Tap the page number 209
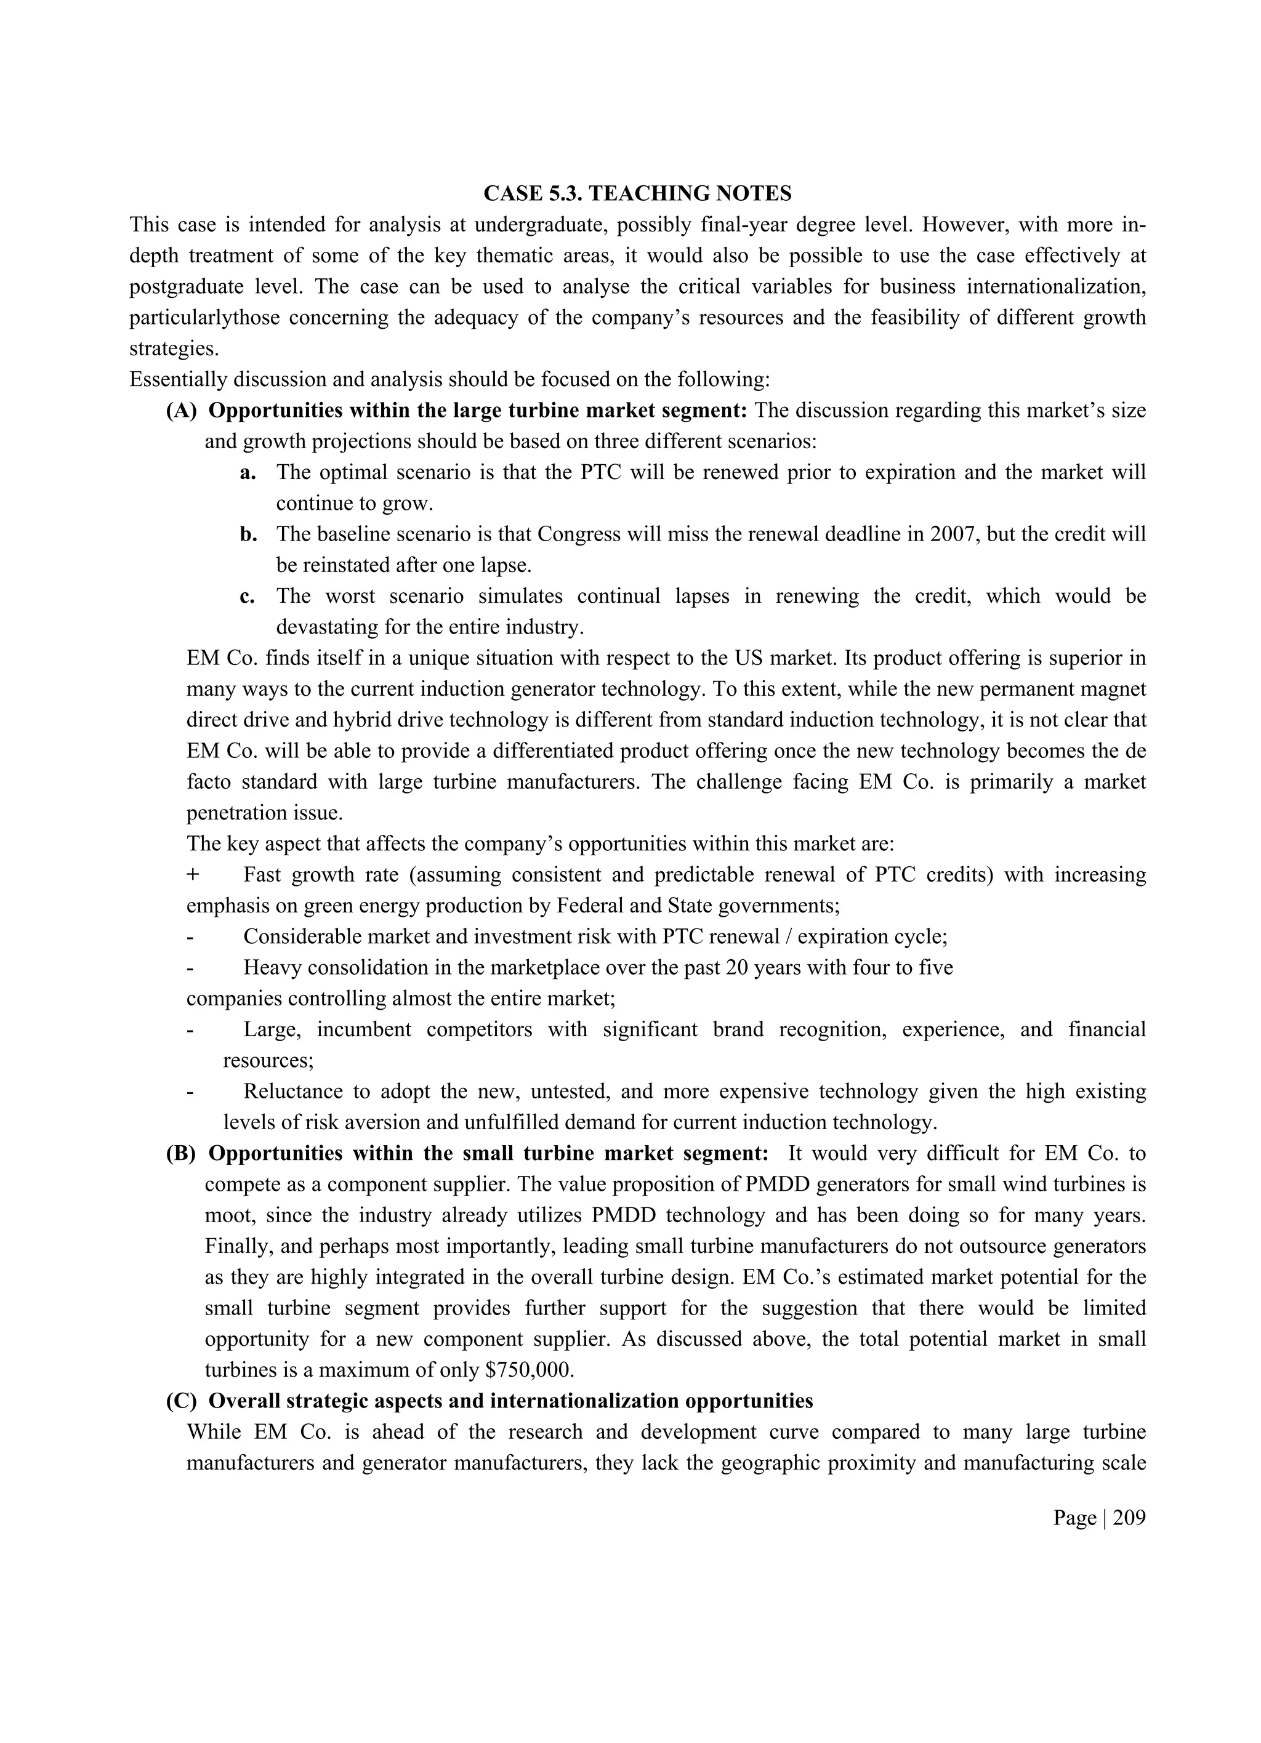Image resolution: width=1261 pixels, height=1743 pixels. (1129, 1517)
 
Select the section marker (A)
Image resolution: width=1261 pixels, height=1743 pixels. (182, 411)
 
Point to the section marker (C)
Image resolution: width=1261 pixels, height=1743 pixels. (182, 1400)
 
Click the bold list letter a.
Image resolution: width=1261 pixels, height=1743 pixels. (247, 472)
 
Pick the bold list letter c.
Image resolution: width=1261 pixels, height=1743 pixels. (247, 595)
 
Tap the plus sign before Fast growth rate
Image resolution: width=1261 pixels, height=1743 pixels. (193, 874)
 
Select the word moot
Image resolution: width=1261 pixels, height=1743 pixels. (226, 1215)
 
